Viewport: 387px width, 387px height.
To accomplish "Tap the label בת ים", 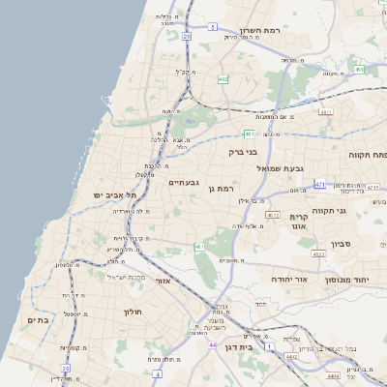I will tap(38, 320).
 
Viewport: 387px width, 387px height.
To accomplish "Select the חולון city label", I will tap(133, 313).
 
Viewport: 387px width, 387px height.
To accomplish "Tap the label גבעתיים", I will tap(183, 183).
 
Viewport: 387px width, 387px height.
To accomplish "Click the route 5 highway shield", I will tap(211, 27).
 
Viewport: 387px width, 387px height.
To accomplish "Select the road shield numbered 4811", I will tap(325, 112).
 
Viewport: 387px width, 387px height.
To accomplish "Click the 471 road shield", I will tap(319, 183).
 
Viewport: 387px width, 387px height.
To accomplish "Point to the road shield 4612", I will tap(274, 215).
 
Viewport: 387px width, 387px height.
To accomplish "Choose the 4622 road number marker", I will tap(317, 254).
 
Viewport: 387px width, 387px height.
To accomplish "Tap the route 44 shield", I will tap(212, 343).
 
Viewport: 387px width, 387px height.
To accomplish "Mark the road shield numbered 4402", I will tap(291, 358).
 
